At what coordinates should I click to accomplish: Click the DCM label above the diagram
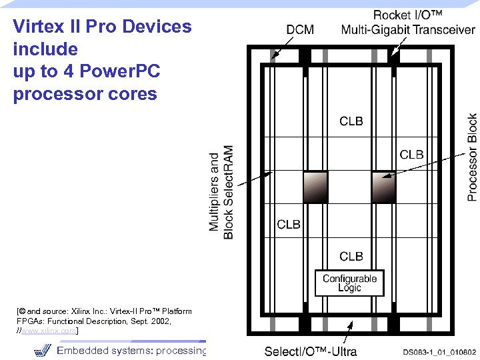[x=300, y=29]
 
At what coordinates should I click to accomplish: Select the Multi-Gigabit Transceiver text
[x=408, y=29]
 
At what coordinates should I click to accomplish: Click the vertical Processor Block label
[x=472, y=157]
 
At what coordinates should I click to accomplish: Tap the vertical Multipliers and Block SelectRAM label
[x=221, y=192]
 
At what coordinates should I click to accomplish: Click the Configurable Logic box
[x=349, y=283]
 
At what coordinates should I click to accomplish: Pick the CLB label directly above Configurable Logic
[x=351, y=256]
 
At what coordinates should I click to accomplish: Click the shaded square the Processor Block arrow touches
[x=383, y=186]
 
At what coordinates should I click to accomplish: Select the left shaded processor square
[x=315, y=186]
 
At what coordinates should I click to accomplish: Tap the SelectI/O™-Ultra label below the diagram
[x=311, y=351]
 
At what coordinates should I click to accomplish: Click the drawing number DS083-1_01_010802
[x=439, y=351]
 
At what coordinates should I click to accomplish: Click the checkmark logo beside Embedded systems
[x=41, y=350]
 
